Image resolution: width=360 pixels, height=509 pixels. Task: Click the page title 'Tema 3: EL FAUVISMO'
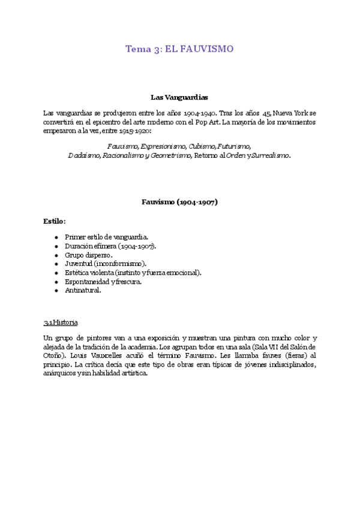[179, 49]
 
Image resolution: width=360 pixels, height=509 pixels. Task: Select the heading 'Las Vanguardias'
[179, 97]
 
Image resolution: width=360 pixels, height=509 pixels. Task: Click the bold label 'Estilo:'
[54, 221]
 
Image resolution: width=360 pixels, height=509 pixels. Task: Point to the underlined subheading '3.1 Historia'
[61, 322]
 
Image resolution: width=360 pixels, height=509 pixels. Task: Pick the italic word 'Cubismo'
[201, 146]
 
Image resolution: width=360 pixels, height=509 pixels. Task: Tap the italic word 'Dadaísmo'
[83, 155]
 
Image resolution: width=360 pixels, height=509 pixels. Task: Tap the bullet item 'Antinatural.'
[83, 291]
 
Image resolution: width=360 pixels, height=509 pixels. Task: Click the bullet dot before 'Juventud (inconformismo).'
[56, 264]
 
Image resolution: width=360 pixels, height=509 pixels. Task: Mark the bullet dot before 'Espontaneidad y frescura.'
[56, 282]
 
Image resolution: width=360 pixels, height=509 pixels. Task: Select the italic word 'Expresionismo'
[163, 146]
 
